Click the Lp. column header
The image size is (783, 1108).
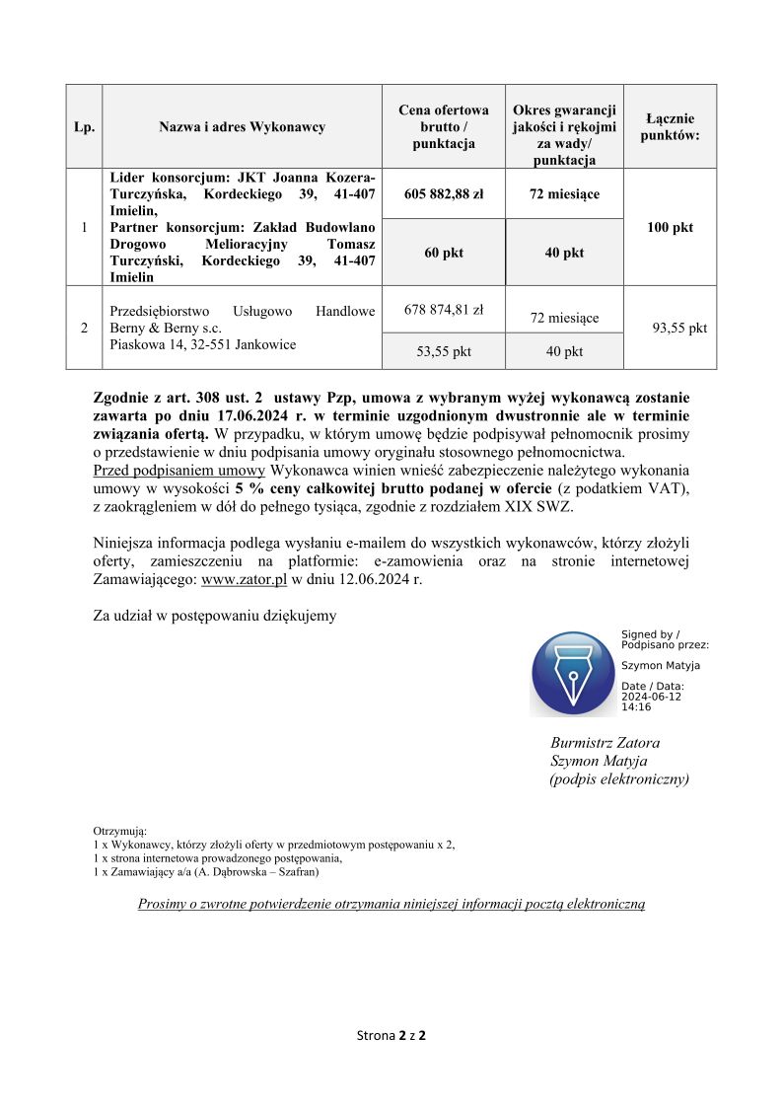coord(84,127)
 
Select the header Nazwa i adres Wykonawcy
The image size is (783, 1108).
coord(242,127)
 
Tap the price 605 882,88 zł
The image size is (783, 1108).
coord(444,194)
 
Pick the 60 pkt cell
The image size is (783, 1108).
coord(444,253)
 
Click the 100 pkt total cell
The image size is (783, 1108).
coord(670,228)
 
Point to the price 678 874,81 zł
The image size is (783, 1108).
coord(444,310)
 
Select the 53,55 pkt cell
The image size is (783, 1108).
coord(444,351)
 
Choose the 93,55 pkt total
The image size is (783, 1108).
coord(680,329)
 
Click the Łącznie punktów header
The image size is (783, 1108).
coord(670,127)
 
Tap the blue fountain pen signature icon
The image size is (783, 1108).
coord(573,673)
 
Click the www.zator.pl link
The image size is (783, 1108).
coord(244,580)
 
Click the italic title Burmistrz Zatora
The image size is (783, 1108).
coord(605,743)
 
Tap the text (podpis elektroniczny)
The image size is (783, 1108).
coord(619,779)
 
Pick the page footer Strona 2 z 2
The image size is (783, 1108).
coord(391,1036)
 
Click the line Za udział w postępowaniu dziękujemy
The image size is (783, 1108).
coord(214,616)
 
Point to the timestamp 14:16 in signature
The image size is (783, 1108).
coord(636,707)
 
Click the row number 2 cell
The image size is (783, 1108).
coord(84,329)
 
